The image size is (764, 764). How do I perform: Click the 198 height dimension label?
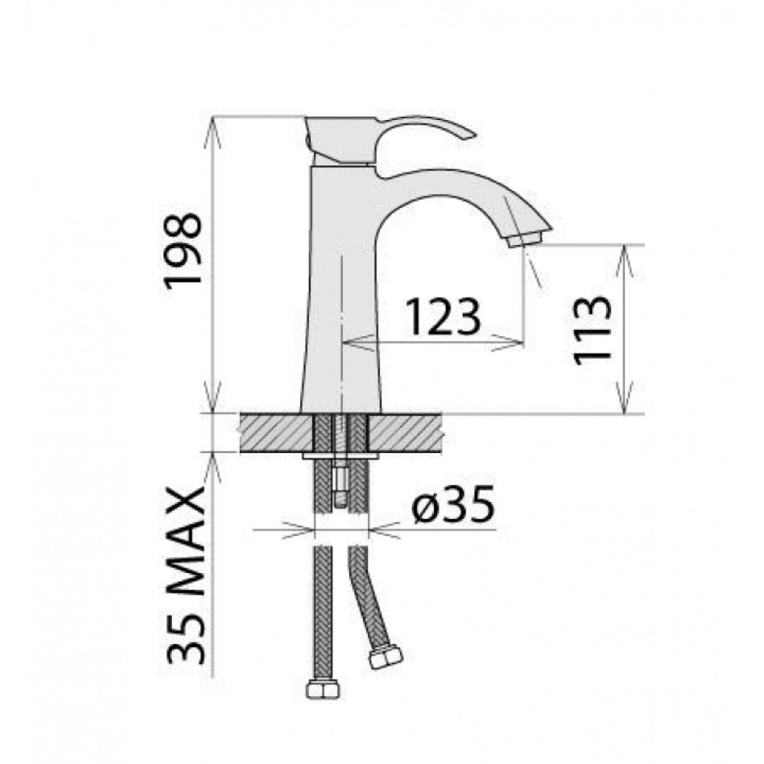[x=183, y=251]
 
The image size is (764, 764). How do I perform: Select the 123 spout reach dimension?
[x=443, y=317]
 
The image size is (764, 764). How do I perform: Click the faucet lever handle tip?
[x=470, y=135]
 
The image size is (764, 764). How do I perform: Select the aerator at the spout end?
[x=524, y=240]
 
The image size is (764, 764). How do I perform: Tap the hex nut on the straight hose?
[x=322, y=690]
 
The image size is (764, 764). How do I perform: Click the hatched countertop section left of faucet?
[x=276, y=433]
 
